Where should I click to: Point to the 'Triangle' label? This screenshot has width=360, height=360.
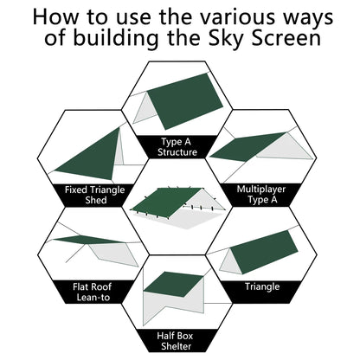coord(262,286)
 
